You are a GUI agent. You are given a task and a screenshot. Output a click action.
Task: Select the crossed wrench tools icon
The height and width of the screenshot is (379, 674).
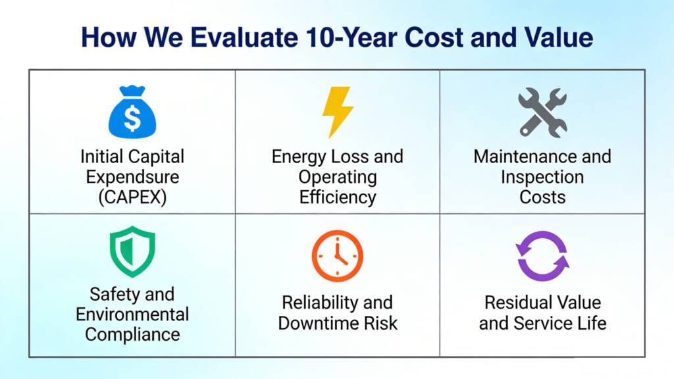pos(542,112)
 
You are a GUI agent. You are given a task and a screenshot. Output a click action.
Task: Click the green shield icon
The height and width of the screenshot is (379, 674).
pos(132,251)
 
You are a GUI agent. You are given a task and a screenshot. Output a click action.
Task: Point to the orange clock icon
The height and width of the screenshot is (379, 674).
pos(337,256)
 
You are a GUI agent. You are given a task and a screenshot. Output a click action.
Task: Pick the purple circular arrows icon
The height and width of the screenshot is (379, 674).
pos(542,256)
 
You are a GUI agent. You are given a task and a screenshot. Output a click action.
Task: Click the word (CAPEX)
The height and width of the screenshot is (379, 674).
pos(132,196)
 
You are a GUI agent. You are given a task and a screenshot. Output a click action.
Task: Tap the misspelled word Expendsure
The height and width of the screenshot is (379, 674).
pos(132,176)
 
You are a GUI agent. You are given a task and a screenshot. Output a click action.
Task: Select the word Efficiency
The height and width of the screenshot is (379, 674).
pos(337,196)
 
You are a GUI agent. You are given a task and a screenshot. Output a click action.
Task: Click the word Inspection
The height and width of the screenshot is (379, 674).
pos(542,176)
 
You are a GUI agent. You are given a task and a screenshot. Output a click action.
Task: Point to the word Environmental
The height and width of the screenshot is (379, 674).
pos(132,314)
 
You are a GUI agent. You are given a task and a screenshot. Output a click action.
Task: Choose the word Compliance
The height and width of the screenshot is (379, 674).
pos(132,334)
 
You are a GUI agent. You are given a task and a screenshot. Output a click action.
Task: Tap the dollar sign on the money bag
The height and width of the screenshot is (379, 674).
pos(132,119)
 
